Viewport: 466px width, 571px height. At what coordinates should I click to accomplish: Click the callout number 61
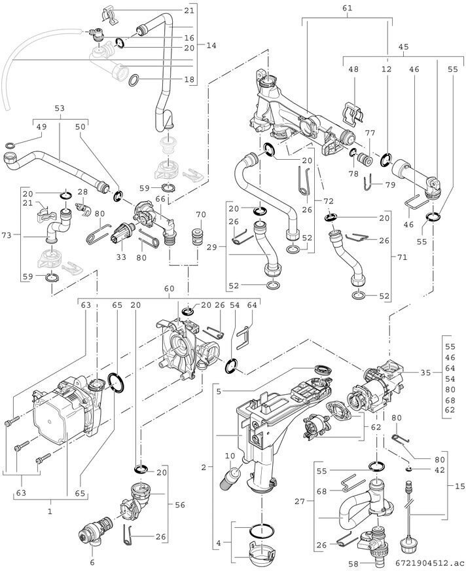(x=348, y=8)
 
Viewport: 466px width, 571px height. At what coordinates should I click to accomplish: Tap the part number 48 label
(x=354, y=69)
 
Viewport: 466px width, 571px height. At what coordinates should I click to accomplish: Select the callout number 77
(x=370, y=133)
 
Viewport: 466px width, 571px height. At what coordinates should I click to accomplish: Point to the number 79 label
(x=391, y=185)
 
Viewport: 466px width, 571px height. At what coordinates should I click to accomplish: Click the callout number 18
(x=189, y=80)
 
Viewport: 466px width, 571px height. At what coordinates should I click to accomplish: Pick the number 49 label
(x=41, y=126)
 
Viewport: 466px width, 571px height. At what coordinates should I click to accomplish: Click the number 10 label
(x=230, y=456)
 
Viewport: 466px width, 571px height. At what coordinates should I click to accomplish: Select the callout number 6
(x=92, y=562)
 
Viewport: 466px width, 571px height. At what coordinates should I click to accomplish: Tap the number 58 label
(x=354, y=562)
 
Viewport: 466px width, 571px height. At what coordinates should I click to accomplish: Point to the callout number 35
(x=425, y=373)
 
